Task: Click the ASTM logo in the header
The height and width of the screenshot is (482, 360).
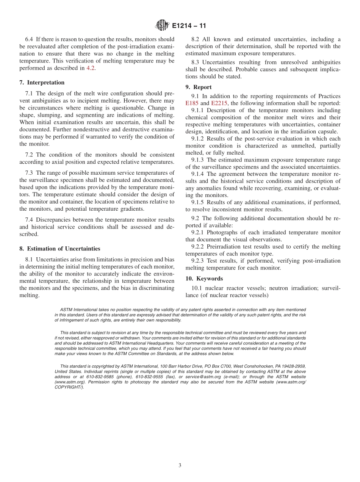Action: tap(162, 26)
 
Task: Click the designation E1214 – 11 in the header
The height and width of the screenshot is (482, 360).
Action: tap(189, 26)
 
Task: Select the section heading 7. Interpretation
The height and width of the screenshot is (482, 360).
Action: tap(42, 83)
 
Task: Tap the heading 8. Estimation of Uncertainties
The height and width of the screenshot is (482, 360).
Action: tap(60, 249)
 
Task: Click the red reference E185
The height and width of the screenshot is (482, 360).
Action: tap(192, 103)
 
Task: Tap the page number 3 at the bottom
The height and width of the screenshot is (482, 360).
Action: tap(180, 465)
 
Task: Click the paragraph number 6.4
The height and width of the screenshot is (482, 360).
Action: tap(29, 39)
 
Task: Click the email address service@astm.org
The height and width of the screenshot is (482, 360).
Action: tap(202, 377)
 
